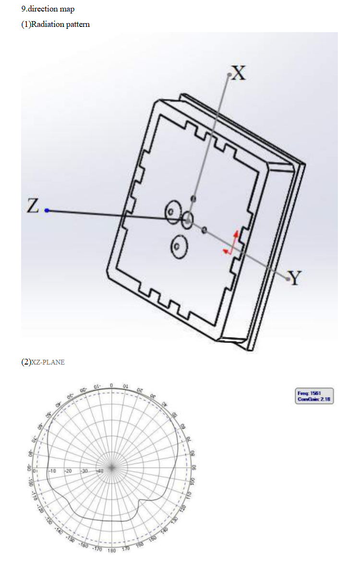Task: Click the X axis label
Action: (x=239, y=73)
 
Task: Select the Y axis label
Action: (x=294, y=278)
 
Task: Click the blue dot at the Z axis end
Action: (x=47, y=210)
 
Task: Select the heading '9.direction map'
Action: (x=48, y=9)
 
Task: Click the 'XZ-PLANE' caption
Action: (x=48, y=363)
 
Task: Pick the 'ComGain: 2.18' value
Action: (x=315, y=399)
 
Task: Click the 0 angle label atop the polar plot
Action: (x=111, y=386)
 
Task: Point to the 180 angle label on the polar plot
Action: (x=112, y=550)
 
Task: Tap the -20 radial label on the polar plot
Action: (x=68, y=471)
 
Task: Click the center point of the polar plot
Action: (x=112, y=467)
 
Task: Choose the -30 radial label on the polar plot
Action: (x=84, y=471)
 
